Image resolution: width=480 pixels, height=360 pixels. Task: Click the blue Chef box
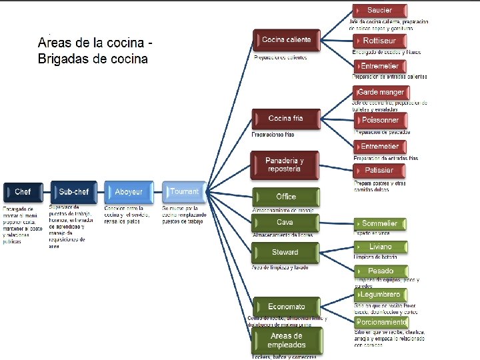(23, 193)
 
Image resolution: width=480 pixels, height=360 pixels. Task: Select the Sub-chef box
(73, 193)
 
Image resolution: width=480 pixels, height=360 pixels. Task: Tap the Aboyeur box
(128, 193)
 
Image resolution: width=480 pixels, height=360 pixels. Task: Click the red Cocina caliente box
(287, 41)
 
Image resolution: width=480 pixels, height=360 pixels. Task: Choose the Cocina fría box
(285, 119)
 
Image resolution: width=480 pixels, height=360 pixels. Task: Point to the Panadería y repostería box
(285, 165)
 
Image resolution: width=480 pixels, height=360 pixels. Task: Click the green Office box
(285, 197)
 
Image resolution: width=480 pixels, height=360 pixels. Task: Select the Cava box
(285, 223)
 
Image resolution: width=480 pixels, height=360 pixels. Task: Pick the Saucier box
(379, 11)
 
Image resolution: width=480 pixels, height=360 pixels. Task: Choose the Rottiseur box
(379, 41)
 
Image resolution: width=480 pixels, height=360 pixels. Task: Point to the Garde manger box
(381, 92)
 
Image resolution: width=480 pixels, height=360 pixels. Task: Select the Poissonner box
(379, 121)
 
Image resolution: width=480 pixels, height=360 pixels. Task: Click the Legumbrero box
(380, 295)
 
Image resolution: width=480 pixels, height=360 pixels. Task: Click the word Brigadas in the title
(65, 59)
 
